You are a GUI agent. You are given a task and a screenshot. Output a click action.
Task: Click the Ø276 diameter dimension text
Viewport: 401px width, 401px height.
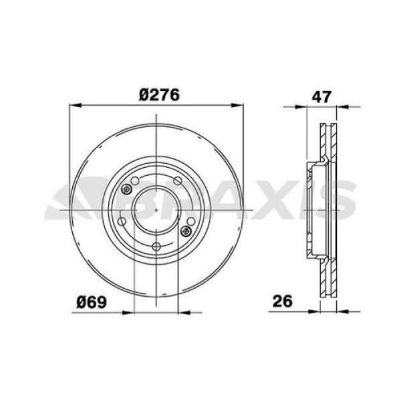pos(159,96)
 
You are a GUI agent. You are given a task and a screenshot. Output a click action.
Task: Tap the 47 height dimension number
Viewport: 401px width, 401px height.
pos(322,96)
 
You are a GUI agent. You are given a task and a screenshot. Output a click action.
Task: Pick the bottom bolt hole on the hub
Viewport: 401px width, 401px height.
pos(156,247)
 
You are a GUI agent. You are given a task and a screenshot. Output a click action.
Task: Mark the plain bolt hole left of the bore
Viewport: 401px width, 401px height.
pos(122,223)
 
